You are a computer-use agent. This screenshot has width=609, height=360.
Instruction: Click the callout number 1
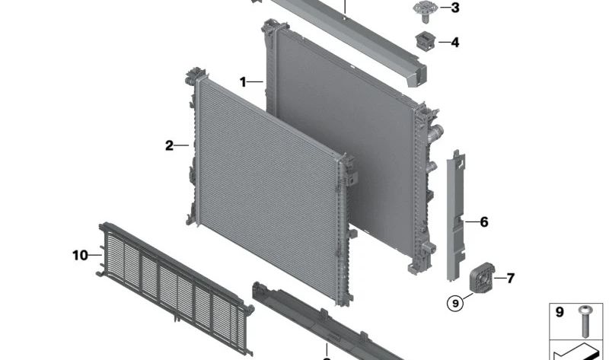click(243, 82)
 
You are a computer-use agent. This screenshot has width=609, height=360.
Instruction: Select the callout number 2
click(169, 145)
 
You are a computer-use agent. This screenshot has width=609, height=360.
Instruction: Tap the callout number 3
click(455, 8)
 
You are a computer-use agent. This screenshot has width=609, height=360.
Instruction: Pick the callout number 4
click(454, 42)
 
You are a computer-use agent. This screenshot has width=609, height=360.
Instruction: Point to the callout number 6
click(484, 221)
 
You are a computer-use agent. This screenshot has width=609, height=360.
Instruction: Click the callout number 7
click(510, 278)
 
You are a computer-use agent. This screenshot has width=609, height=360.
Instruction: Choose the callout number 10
click(80, 255)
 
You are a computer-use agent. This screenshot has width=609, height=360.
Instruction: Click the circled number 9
click(455, 303)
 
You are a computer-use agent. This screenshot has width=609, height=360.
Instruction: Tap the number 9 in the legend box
click(560, 312)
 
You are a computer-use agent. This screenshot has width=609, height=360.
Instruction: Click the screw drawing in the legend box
click(585, 320)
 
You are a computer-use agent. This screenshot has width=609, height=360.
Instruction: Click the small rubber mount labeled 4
click(426, 41)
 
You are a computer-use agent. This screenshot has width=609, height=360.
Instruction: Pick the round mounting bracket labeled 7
click(482, 277)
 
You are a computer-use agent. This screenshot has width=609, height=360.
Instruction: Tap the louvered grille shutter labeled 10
click(175, 288)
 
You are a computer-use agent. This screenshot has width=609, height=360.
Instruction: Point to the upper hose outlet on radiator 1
click(435, 132)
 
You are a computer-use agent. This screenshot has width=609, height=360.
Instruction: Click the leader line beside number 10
click(95, 255)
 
